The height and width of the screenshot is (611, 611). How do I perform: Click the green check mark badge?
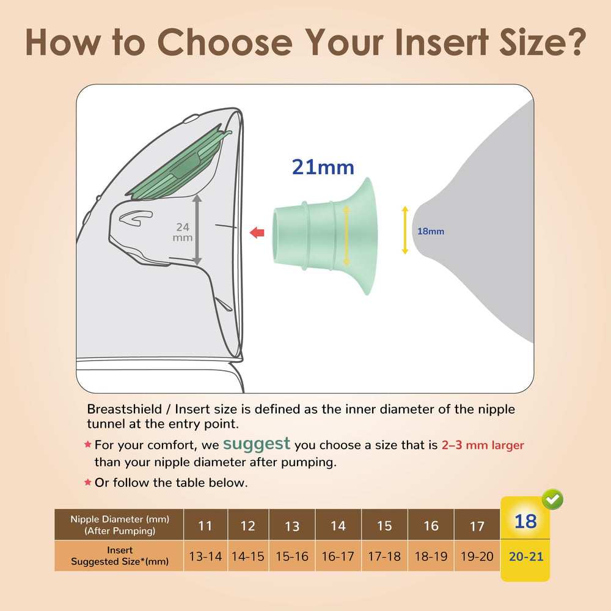[x=552, y=499]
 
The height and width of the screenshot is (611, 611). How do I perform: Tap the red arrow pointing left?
[x=257, y=233]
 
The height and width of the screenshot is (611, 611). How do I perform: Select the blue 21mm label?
[x=323, y=167]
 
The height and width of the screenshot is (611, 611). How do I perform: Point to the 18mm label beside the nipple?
[x=431, y=232]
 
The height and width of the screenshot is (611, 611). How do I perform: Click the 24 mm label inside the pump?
[x=182, y=232]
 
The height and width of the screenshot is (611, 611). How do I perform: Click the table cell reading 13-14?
[x=205, y=556]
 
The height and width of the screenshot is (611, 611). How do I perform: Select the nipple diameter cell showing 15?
[x=384, y=525]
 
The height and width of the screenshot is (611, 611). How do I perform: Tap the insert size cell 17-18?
[x=384, y=556]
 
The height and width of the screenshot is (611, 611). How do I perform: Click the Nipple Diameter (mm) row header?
[x=119, y=524]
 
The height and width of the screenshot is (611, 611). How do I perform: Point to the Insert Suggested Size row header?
[x=119, y=555]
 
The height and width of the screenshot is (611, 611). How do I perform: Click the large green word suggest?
[x=257, y=444]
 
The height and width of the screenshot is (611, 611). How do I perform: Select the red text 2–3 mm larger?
[x=483, y=445]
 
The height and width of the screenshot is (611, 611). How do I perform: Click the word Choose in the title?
[x=225, y=42]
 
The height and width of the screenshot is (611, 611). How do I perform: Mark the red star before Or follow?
[x=87, y=482]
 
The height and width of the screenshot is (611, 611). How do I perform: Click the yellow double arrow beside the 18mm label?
[x=405, y=230]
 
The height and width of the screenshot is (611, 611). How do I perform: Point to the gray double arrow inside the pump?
[x=197, y=230]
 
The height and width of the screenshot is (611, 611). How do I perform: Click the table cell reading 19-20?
[x=477, y=556]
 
